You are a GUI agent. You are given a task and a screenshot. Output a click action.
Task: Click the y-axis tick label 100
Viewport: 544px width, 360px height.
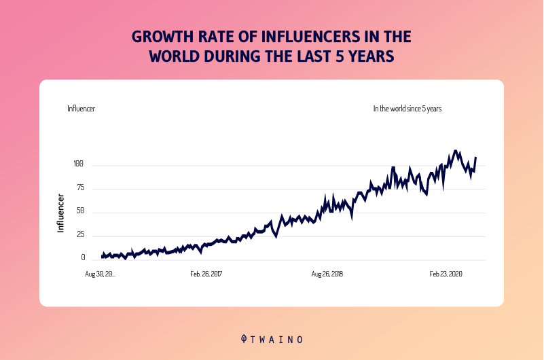pyautogui.click(x=77, y=164)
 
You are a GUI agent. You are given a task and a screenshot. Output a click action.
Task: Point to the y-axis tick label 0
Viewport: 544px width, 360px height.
pyautogui.click(x=83, y=259)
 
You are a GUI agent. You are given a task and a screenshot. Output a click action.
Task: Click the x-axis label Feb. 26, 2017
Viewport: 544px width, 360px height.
pyautogui.click(x=206, y=274)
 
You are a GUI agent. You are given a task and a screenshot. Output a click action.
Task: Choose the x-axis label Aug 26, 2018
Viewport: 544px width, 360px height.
pyautogui.click(x=327, y=274)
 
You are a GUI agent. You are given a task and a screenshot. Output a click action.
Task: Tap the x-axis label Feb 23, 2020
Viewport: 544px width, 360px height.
pyautogui.click(x=446, y=274)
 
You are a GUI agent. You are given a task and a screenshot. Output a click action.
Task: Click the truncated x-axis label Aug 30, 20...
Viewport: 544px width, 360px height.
pyautogui.click(x=100, y=274)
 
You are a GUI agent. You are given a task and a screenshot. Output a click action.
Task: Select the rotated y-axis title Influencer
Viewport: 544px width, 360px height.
pyautogui.click(x=60, y=213)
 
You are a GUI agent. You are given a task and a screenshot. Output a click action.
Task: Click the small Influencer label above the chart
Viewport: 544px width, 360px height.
pyautogui.click(x=81, y=109)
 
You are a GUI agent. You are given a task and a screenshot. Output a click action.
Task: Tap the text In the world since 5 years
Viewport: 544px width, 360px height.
pyautogui.click(x=407, y=109)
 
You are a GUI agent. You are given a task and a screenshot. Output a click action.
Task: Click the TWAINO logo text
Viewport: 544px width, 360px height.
pyautogui.click(x=278, y=339)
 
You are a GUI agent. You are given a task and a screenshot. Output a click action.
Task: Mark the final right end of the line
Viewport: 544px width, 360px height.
pyautogui.click(x=475, y=158)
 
